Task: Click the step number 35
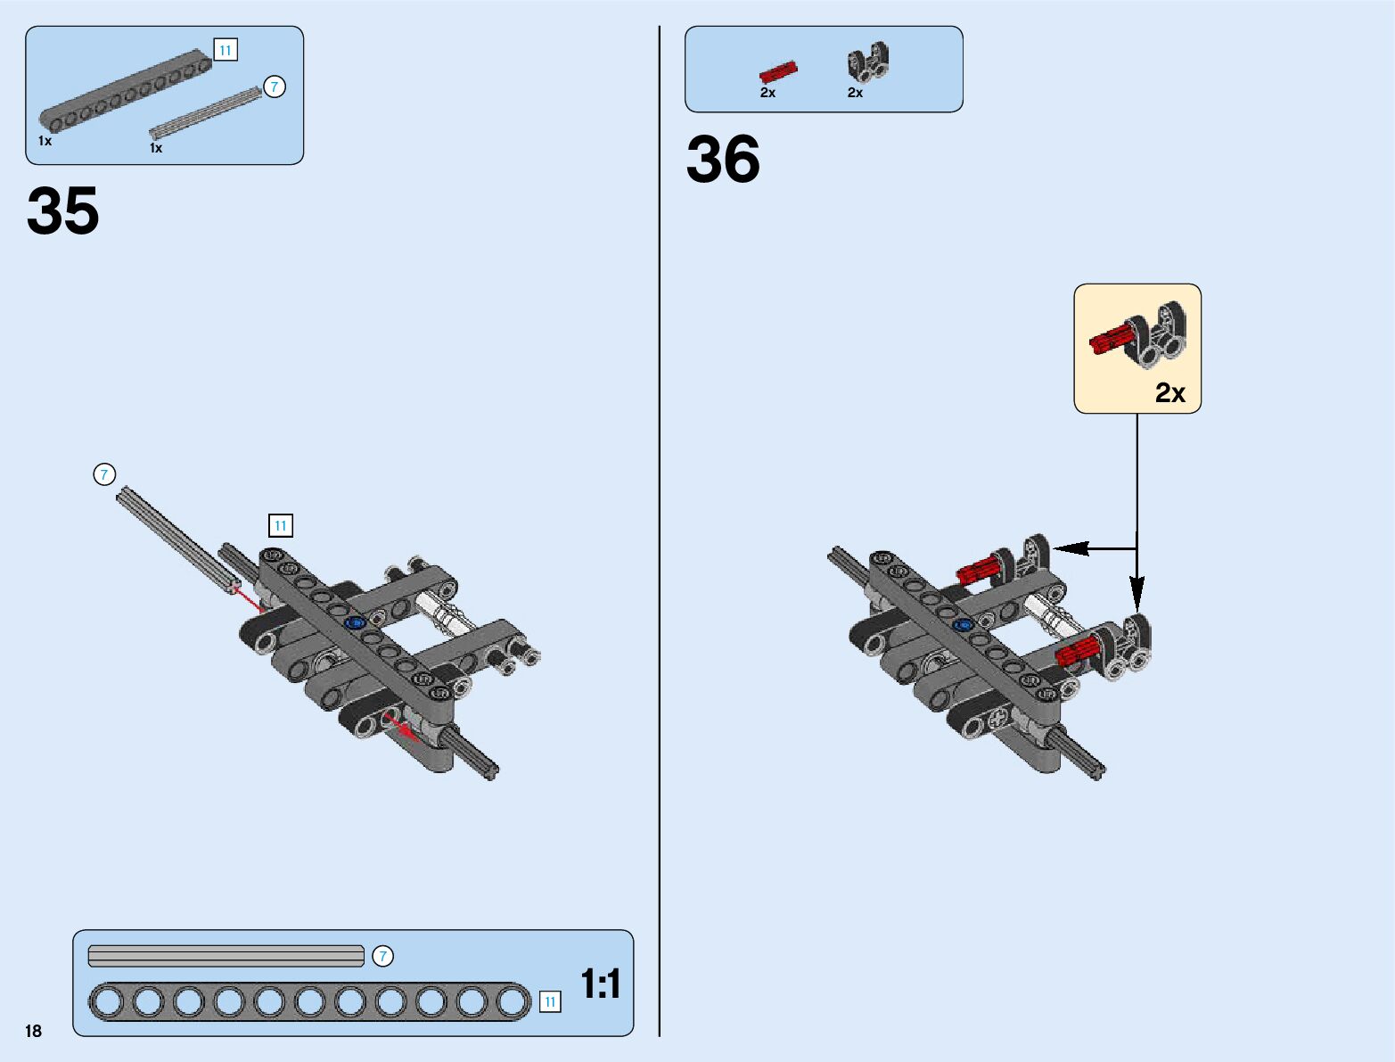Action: (x=62, y=212)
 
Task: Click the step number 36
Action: (x=723, y=161)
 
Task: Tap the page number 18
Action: (x=34, y=1031)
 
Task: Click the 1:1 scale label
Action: (x=601, y=984)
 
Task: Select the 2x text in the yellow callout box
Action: (x=1169, y=393)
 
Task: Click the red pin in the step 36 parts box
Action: (x=777, y=71)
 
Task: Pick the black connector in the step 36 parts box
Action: (x=867, y=62)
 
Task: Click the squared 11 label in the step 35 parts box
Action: (x=226, y=50)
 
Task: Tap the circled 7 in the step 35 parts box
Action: (x=275, y=86)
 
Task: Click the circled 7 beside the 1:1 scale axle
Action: (x=382, y=956)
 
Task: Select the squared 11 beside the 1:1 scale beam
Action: (x=550, y=1002)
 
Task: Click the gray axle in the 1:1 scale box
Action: (x=226, y=956)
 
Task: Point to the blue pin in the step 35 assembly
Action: (x=357, y=622)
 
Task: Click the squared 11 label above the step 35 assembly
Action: (x=281, y=525)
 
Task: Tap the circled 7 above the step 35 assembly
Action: (x=104, y=474)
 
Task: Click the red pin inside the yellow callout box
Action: (x=1110, y=340)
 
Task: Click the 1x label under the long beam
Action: (x=45, y=141)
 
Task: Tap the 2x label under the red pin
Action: (x=767, y=93)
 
